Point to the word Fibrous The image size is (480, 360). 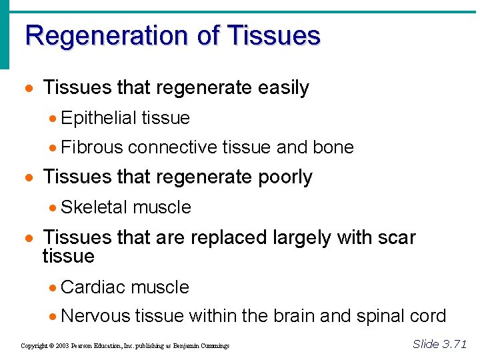coord(91,147)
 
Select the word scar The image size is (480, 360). coord(395,237)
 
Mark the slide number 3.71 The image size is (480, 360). coord(454,344)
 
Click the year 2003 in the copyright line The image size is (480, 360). coord(62,346)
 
